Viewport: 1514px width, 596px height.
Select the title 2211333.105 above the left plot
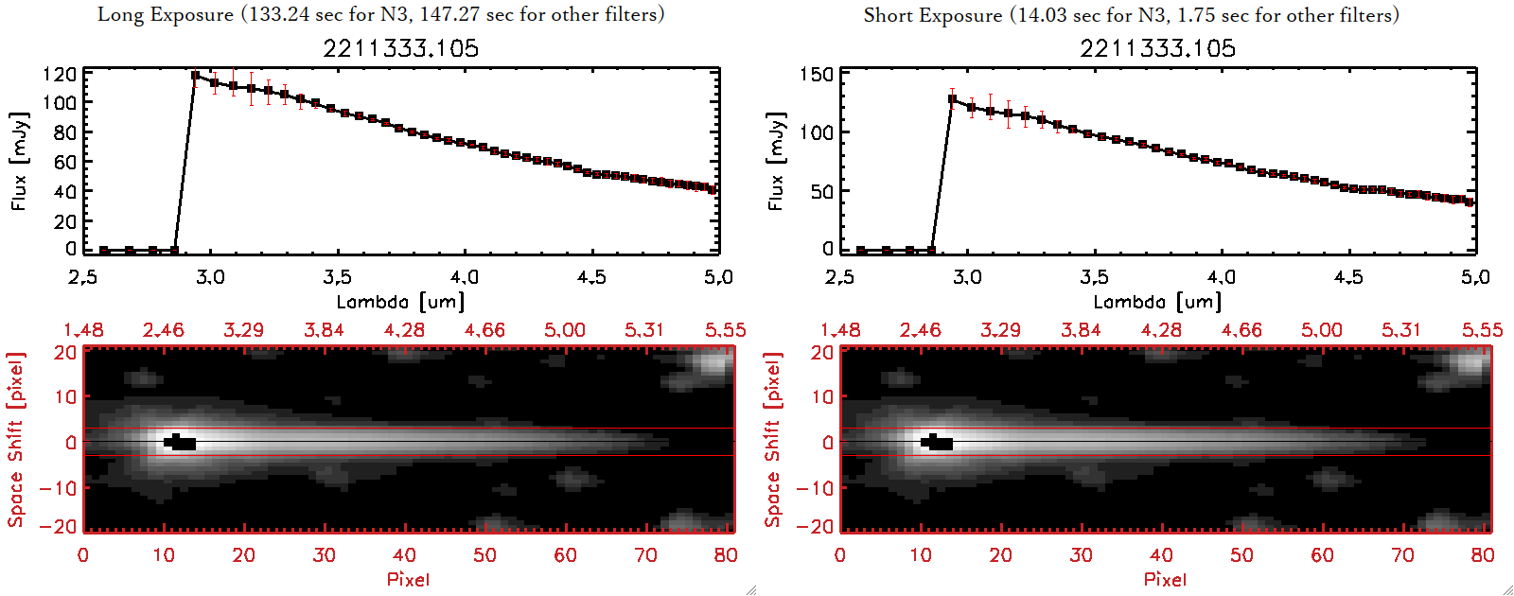(400, 48)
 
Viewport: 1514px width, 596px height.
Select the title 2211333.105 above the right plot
(1157, 48)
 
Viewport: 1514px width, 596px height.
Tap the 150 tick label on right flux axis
(817, 75)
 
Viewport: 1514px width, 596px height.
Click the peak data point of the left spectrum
(196, 76)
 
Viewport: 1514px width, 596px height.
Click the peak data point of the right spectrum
(952, 98)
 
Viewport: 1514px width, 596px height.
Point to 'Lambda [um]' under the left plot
(400, 302)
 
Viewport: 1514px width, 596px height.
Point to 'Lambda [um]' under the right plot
(1157, 302)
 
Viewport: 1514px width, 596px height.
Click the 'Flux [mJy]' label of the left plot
(19, 161)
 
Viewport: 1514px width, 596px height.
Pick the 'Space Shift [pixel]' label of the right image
(773, 439)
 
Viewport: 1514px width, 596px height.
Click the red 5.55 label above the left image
(725, 330)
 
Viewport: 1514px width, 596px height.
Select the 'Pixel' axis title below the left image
(408, 579)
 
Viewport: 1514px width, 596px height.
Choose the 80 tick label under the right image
(1483, 555)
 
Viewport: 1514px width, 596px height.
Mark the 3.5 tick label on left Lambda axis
(337, 277)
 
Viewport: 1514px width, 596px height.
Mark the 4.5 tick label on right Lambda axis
(1348, 277)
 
